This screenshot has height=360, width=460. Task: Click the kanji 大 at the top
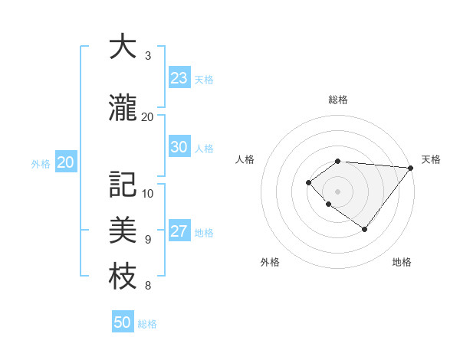click(x=123, y=47)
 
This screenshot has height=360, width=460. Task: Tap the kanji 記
click(x=123, y=185)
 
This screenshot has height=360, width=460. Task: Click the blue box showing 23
click(x=179, y=78)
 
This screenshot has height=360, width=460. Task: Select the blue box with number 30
click(x=179, y=147)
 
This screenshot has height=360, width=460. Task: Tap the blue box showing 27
click(x=179, y=231)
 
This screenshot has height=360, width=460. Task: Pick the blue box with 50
click(x=123, y=322)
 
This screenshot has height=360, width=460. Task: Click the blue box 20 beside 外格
click(x=66, y=162)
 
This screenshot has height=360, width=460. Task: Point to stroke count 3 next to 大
click(x=148, y=56)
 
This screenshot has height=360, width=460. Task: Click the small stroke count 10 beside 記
click(x=148, y=193)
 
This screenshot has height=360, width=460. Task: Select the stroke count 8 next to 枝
click(x=148, y=286)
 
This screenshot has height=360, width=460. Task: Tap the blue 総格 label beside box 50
click(x=147, y=324)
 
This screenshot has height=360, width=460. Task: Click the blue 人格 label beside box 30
click(x=204, y=149)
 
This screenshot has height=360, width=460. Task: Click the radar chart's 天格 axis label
click(x=431, y=159)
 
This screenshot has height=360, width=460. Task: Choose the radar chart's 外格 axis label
click(x=270, y=262)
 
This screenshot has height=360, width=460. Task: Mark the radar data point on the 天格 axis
click(x=410, y=168)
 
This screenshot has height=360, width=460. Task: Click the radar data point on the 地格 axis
click(x=364, y=229)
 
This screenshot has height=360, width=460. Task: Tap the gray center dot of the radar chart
click(x=337, y=191)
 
